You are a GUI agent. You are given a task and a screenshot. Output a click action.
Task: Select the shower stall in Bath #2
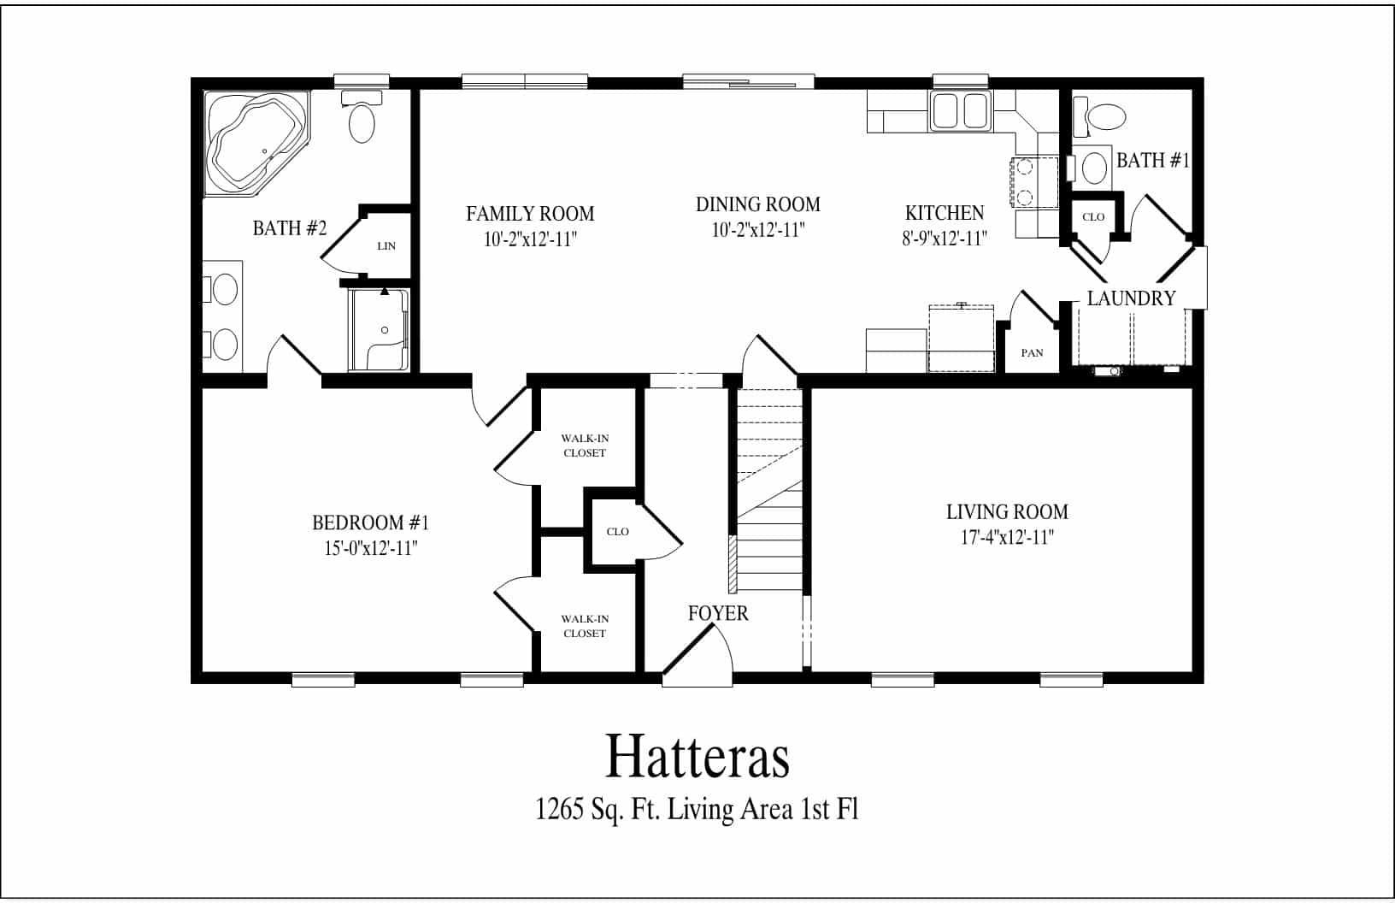pos(380,330)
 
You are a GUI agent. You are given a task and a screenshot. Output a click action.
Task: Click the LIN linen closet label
pos(386,246)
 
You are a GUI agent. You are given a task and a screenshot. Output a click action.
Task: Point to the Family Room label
pos(529,213)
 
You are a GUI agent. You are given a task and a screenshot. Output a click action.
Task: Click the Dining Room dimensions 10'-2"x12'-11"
pos(757,230)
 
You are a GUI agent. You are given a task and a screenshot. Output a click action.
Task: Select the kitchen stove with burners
pos(1034,183)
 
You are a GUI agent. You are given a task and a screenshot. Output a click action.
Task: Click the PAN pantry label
pos(1032,353)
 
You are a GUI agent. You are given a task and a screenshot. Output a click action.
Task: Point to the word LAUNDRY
pos(1131,298)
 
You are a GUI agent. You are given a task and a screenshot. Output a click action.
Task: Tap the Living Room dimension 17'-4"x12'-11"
pos(1007,538)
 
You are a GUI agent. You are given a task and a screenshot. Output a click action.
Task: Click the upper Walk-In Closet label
pos(585,446)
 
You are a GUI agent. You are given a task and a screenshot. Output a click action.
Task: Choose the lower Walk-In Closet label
pos(585,626)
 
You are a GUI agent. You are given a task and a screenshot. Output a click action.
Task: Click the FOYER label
pos(718,613)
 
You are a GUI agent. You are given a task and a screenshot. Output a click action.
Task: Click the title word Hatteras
pos(697,756)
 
